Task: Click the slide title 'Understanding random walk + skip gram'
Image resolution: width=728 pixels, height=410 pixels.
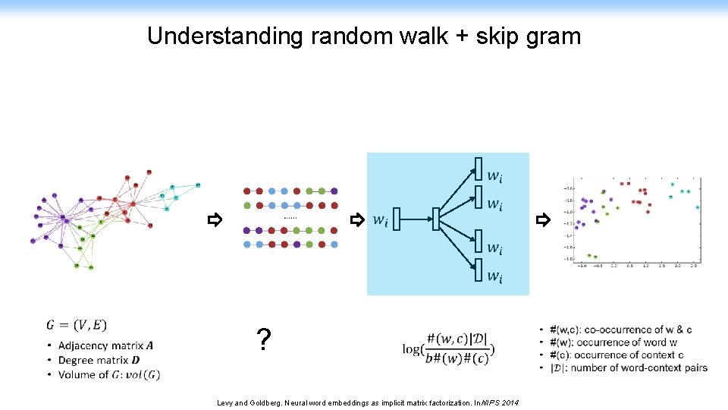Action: click(x=364, y=36)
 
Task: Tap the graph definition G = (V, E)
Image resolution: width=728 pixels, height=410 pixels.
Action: click(x=77, y=325)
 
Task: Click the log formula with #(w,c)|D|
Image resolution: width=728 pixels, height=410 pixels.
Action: click(x=448, y=349)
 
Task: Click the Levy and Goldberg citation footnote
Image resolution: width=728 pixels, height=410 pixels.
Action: click(x=368, y=402)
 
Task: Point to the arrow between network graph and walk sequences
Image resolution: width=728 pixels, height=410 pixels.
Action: click(x=215, y=221)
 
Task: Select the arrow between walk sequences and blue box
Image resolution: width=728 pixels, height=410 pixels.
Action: click(x=356, y=221)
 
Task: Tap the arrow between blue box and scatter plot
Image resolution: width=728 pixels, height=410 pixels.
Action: click(x=542, y=221)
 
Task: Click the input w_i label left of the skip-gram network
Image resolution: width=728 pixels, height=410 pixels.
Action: click(x=380, y=221)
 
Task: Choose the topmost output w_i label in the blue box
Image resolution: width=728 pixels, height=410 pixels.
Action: click(x=494, y=176)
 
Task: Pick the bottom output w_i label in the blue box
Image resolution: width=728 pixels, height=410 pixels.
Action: click(x=494, y=276)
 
